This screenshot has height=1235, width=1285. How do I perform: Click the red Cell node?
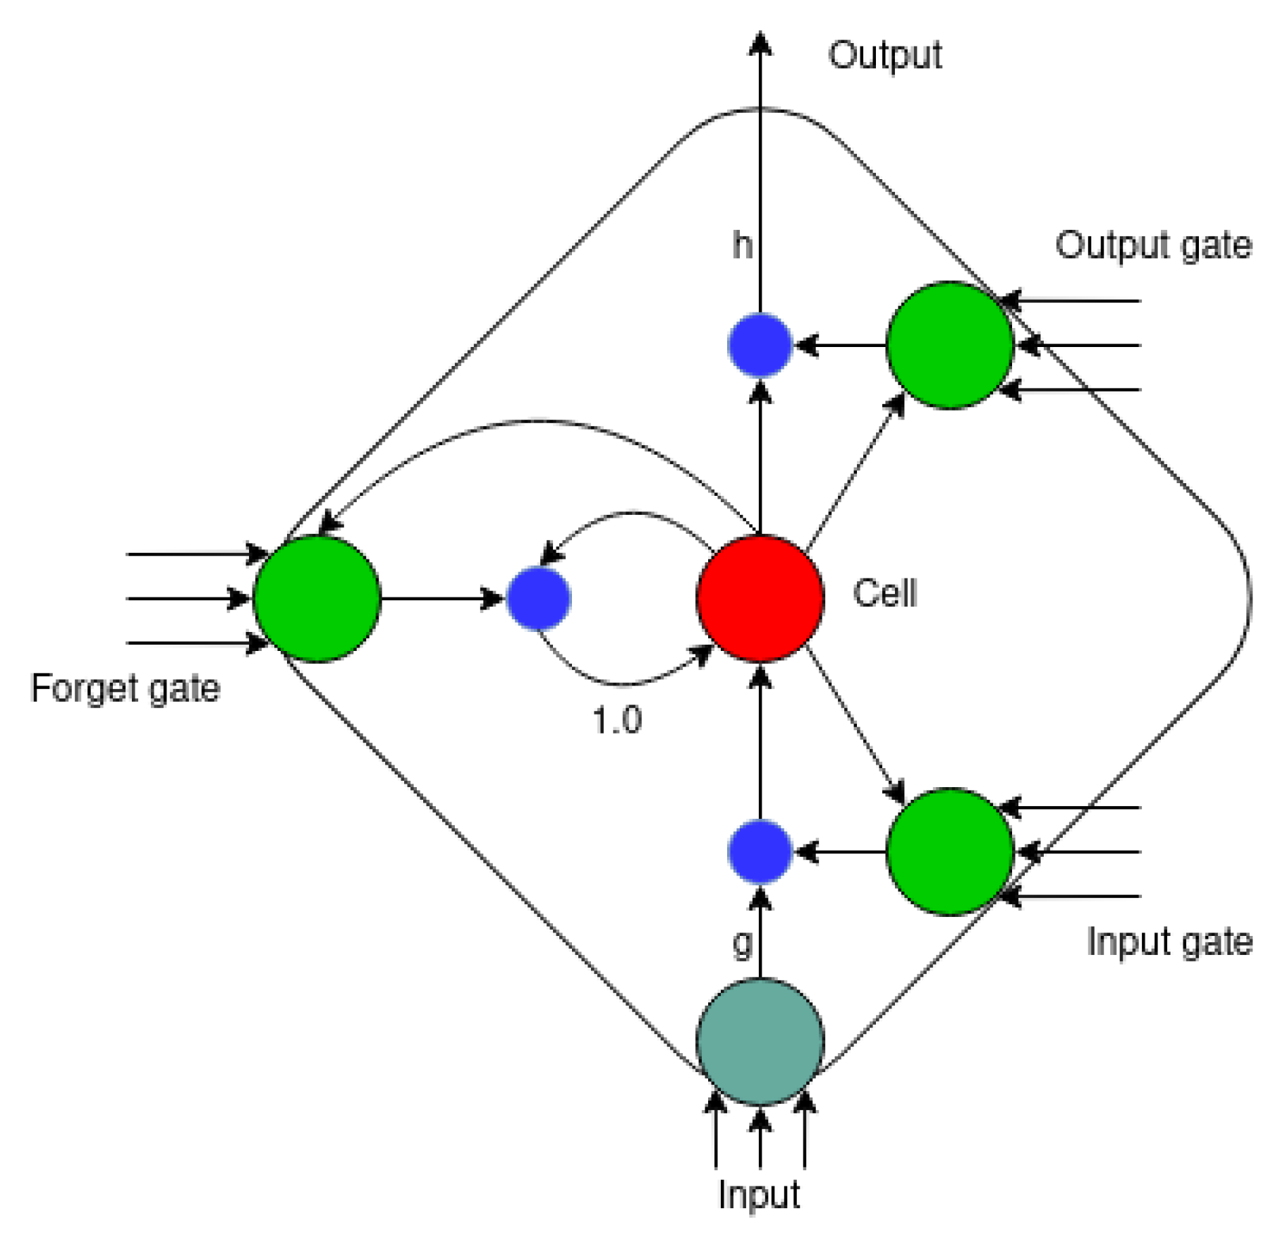pos(760,598)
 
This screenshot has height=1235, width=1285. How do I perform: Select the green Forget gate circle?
pos(317,598)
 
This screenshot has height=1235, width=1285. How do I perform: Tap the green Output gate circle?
pos(949,345)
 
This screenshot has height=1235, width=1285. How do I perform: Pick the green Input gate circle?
pos(949,851)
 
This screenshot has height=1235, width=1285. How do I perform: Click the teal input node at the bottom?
pos(760,1040)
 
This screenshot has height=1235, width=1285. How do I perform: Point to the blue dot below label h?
pos(760,345)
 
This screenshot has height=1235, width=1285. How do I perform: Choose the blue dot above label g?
pos(760,851)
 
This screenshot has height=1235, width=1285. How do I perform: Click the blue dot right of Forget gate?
pos(539,598)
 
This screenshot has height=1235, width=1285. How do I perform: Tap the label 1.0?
pos(617,720)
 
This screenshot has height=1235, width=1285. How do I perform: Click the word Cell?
pos(884,593)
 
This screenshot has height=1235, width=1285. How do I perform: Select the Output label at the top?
pos(884,55)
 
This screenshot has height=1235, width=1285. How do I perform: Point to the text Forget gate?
pos(126,688)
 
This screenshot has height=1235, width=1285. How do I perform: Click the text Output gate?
pos(1153,245)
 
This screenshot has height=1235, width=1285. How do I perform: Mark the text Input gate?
pos(1169,942)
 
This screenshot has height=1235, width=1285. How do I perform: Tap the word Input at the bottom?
pos(759,1195)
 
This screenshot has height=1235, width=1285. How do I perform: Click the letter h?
pos(742,245)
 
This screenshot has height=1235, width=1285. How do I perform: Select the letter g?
pos(743,943)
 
